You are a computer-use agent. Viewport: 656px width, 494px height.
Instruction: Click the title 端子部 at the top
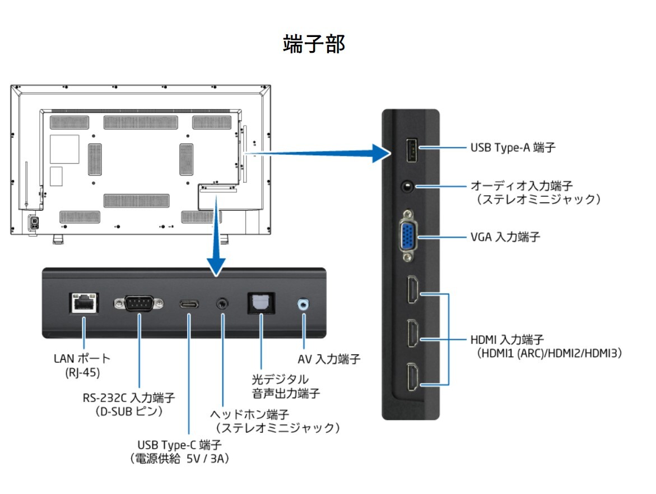coord(314,44)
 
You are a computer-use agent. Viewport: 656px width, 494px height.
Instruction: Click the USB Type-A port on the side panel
coord(408,149)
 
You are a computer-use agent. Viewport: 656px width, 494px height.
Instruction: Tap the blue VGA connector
coord(408,236)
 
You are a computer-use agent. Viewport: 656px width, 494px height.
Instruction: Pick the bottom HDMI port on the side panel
coord(412,376)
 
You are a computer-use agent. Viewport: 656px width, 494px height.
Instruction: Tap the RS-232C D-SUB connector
coord(139,303)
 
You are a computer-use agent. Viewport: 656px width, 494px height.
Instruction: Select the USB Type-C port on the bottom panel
coord(189,304)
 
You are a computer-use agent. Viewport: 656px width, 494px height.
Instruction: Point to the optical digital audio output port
coord(261,303)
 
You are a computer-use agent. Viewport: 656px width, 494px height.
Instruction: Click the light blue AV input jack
coord(304,304)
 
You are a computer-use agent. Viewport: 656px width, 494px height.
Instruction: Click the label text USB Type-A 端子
coord(513,148)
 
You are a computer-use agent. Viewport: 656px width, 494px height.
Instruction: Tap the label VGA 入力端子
coord(505,237)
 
